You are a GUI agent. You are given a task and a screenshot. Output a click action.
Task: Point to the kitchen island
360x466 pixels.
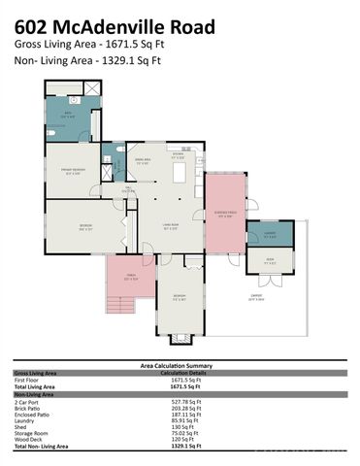[x=180, y=173]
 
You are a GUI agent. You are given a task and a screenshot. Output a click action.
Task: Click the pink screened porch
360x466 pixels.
[x=225, y=216]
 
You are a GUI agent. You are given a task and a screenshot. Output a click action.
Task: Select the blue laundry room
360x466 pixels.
[x=270, y=234]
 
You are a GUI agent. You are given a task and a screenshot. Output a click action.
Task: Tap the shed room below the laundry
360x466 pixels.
[x=270, y=259]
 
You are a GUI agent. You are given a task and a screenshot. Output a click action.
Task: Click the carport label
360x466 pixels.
[x=256, y=298]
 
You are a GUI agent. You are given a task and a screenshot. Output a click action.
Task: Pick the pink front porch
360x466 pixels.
[x=132, y=278]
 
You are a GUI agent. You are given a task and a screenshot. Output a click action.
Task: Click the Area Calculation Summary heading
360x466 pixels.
[x=180, y=366]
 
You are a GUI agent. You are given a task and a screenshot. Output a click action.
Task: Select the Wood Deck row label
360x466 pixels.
[x=28, y=440]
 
